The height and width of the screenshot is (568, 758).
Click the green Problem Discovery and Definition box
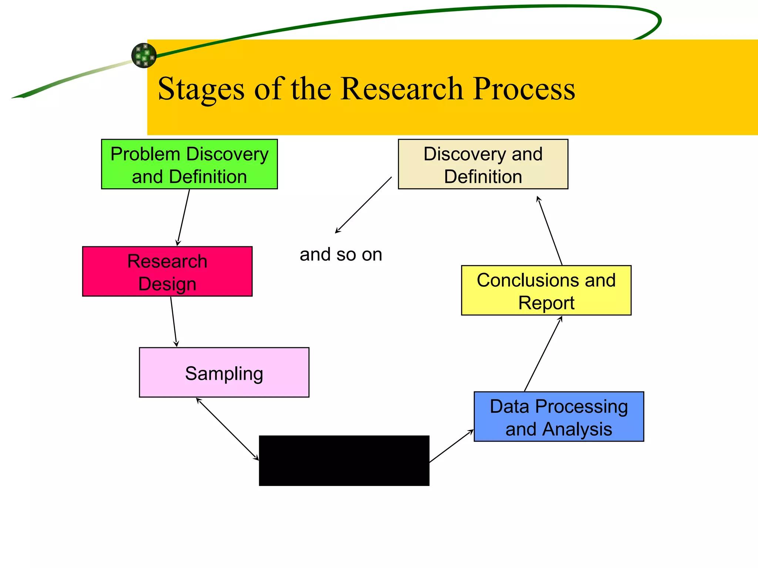(189, 164)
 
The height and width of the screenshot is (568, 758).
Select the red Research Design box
(167, 271)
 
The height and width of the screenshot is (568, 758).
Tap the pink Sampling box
(224, 372)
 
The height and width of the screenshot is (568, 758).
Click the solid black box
(344, 460)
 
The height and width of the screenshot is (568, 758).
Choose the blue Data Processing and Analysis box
(559, 416)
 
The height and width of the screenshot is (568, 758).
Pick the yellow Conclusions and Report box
(546, 290)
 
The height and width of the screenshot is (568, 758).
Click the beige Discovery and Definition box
(483, 164)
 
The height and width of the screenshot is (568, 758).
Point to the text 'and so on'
(341, 254)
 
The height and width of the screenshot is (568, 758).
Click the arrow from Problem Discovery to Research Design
(184, 217)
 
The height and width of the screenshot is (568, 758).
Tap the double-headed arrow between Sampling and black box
(227, 429)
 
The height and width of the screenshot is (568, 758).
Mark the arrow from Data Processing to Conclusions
(543, 354)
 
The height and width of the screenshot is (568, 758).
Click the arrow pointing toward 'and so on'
(363, 205)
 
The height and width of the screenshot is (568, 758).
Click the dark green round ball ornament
(144, 55)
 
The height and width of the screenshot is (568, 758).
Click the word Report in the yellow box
(546, 303)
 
